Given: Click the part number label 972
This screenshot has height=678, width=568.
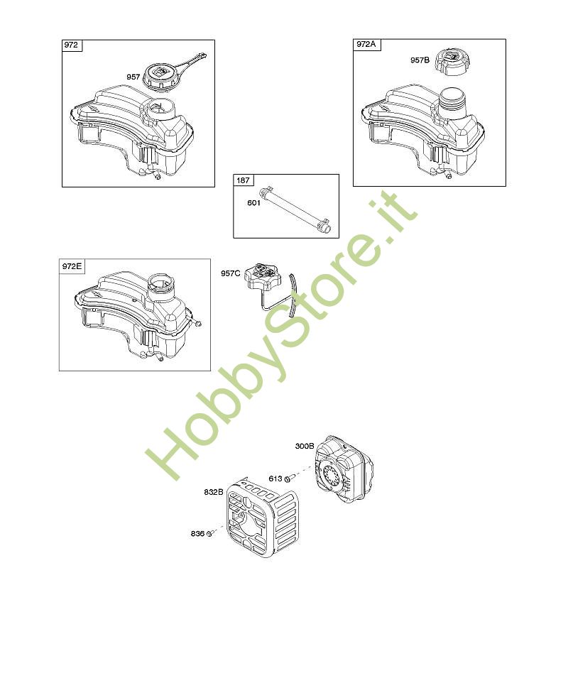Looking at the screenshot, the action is pyautogui.click(x=71, y=45).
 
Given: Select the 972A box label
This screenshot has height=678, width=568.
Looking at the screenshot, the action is pyautogui.click(x=366, y=44).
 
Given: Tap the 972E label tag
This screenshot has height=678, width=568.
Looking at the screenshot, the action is pyautogui.click(x=72, y=266).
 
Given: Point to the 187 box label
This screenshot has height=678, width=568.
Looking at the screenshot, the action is pyautogui.click(x=243, y=180).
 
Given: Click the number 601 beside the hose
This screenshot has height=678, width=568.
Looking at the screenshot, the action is pyautogui.click(x=253, y=203).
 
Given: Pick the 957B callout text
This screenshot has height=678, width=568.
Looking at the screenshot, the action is pyautogui.click(x=420, y=60).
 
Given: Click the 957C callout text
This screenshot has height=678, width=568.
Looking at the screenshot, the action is pyautogui.click(x=231, y=273).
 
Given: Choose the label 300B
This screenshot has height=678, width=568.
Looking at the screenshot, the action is pyautogui.click(x=305, y=446).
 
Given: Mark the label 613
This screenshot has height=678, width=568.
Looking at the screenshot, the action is pyautogui.click(x=275, y=479).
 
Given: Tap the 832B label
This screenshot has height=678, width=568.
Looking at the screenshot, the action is pyautogui.click(x=214, y=492).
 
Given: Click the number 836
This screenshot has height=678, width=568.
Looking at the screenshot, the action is pyautogui.click(x=197, y=534).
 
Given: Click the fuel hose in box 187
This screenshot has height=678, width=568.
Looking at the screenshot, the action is pyautogui.click(x=296, y=207).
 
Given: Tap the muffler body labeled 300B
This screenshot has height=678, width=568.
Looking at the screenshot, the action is pyautogui.click(x=344, y=469).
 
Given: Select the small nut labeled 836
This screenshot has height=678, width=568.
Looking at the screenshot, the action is pyautogui.click(x=209, y=534).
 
